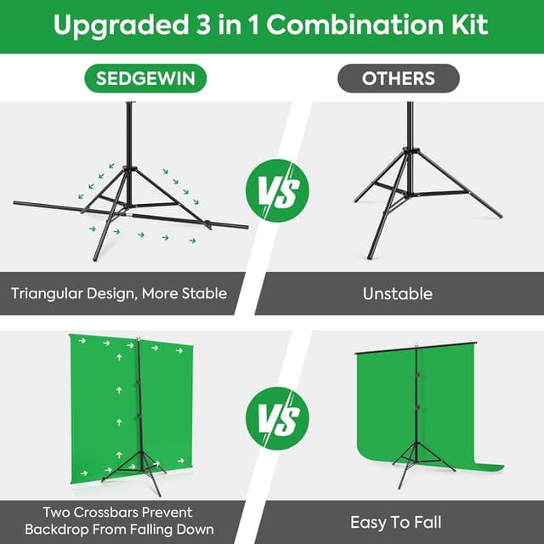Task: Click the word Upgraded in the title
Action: point(121,25)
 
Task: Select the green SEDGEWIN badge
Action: point(145,78)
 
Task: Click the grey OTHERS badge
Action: point(399,78)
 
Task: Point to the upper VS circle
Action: point(277,190)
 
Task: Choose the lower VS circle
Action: point(277,418)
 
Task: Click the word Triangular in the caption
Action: point(47,294)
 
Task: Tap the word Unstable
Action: point(398,293)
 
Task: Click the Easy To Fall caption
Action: point(396,522)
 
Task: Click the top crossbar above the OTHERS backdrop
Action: point(416,348)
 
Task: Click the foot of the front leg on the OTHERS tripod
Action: point(370,257)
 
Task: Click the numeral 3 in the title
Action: point(203,25)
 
